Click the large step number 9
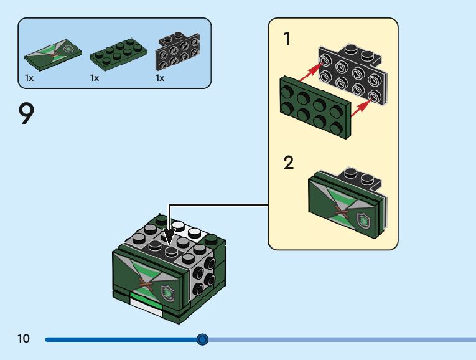point(26,113)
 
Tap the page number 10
point(24,338)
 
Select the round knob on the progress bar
point(202,339)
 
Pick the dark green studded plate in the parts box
point(118,55)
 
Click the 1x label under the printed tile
point(29,78)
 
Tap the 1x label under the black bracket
point(160,78)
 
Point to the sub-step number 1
point(287,39)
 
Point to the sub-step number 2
point(289,163)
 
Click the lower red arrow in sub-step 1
point(362,108)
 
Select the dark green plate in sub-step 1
point(315,107)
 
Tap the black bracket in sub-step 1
point(353,75)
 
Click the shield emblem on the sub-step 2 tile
point(363,221)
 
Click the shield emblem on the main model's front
point(167,293)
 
